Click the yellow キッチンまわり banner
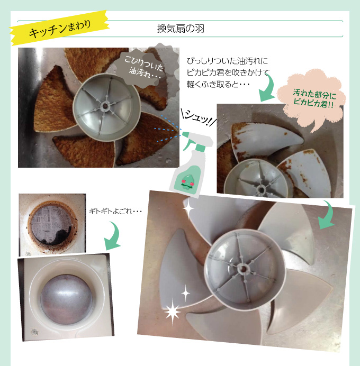pos(60,28)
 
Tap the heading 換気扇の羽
pos(181,29)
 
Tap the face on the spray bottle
pos(187,181)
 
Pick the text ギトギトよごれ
pos(115,212)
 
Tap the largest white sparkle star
pos(173,312)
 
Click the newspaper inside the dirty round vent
pos(50,224)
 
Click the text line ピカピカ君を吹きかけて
pos(228,72)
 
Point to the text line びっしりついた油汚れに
pos(227,61)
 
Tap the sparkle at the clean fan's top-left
pos(188,208)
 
